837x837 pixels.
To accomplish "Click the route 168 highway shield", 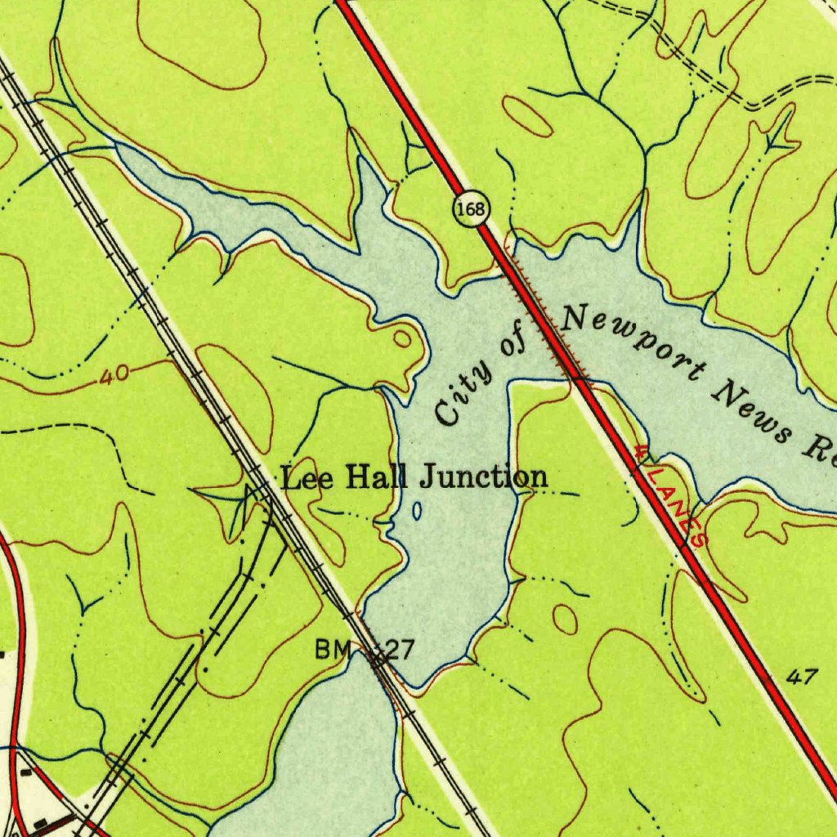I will point(471,210).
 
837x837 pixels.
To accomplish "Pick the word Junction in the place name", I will point(483,477).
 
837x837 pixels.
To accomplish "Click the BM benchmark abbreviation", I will point(333,651).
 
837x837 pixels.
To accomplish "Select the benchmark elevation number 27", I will point(399,651).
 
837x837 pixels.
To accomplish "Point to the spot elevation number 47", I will point(803,676).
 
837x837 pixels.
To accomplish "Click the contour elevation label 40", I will point(114,377).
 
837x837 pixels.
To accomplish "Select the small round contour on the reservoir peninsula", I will point(402,338).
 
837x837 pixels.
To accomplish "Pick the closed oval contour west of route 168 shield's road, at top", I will point(527,116).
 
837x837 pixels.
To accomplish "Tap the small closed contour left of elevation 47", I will point(565,618).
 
